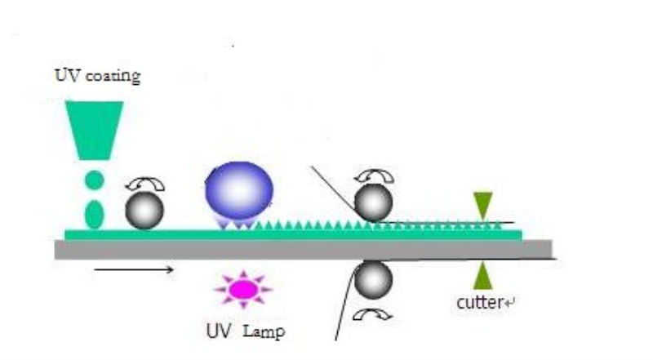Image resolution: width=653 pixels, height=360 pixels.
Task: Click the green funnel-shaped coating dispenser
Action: point(94,130)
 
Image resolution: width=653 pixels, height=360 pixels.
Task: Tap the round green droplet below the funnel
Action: point(95,180)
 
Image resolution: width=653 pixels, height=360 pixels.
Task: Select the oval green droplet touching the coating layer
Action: point(94,215)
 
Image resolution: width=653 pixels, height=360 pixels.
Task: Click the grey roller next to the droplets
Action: point(144,211)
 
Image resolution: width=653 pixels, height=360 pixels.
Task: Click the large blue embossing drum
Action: point(239,191)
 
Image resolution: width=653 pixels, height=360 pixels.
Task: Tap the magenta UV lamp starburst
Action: point(243,289)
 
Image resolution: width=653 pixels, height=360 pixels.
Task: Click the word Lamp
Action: point(264,332)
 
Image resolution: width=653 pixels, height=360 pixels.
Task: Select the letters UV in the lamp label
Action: point(219,331)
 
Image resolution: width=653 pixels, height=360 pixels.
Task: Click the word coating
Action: point(113,77)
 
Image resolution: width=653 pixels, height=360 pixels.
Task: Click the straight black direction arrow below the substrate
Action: point(134,269)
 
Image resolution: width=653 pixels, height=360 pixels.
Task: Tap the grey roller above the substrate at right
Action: point(373,202)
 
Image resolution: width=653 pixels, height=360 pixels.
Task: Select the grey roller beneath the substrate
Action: point(373,280)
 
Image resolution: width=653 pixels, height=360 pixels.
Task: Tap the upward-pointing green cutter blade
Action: point(483,275)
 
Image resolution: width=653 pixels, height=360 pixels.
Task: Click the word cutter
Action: point(480,303)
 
